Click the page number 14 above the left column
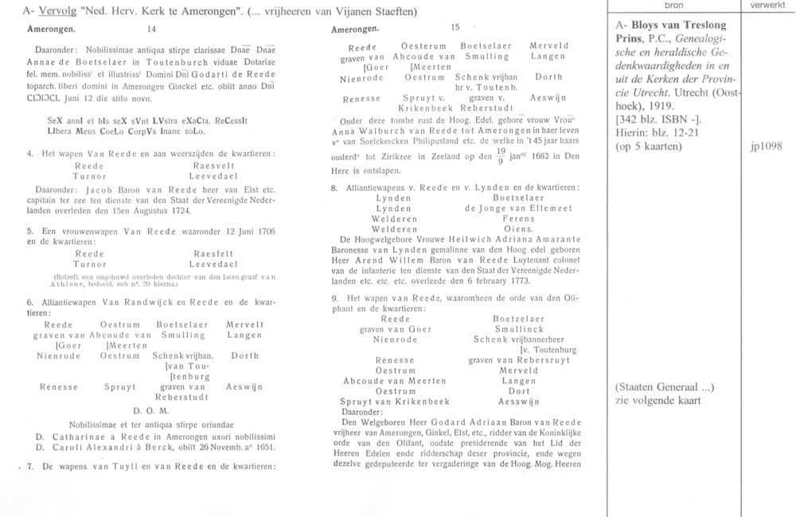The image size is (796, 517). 152,29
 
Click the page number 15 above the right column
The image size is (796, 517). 455,28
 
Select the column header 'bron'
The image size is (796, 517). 673,6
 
